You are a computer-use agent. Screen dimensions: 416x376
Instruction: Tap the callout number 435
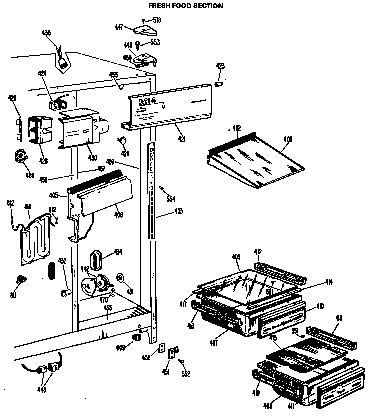(46, 33)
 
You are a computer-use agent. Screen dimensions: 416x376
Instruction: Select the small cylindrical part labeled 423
(218, 83)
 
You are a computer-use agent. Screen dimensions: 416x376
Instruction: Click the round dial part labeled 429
(20, 157)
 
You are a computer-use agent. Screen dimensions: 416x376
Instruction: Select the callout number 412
(258, 252)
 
